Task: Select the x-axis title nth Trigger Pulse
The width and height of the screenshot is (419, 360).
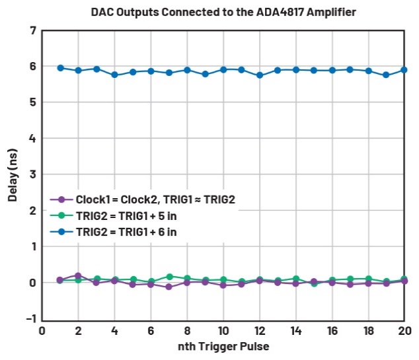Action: [223, 346]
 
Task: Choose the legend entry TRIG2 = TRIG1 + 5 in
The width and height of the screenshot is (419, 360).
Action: [126, 215]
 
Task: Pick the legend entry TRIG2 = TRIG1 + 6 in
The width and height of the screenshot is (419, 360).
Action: [126, 231]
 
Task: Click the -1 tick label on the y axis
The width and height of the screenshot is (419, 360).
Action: [30, 318]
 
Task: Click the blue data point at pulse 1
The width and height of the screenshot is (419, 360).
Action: [60, 68]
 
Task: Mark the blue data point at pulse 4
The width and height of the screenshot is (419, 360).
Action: [114, 75]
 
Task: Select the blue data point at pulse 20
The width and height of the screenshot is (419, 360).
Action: [404, 70]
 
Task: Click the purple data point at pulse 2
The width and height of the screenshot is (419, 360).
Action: [78, 275]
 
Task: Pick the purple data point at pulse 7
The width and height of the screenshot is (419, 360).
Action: [169, 287]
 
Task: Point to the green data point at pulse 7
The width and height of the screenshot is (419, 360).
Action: [169, 277]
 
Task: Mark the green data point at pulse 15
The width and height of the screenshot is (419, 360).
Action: [313, 283]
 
